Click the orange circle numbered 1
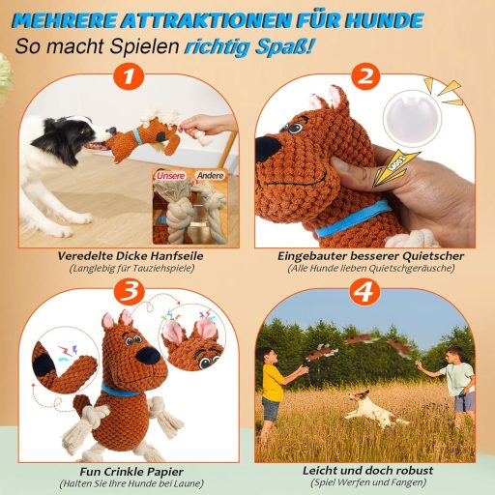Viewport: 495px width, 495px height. coord(129,77)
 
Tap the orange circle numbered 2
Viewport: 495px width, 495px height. coord(365,77)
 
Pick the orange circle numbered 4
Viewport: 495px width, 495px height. coord(364,293)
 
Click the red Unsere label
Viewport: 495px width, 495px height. coord(171,176)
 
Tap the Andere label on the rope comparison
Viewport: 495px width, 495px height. coord(211,175)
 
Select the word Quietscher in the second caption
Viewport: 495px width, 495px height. coord(431,256)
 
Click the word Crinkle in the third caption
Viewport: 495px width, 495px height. coord(124,472)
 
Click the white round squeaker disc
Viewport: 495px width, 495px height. coord(412,116)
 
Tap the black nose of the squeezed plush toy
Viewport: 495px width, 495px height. coord(268,148)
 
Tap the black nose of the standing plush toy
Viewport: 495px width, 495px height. coord(148,356)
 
